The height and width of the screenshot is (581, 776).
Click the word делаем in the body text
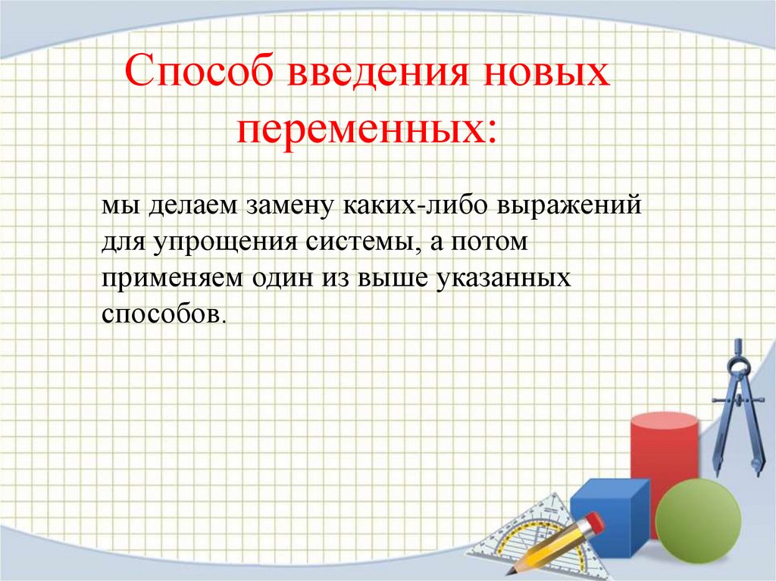pos(185,207)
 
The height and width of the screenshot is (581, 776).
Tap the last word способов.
pos(161,313)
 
